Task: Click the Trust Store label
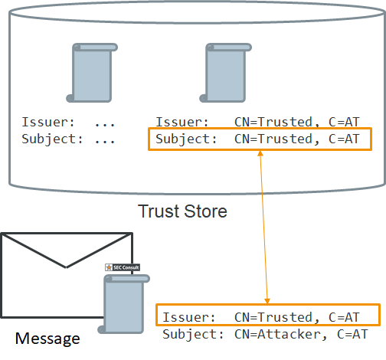(x=182, y=211)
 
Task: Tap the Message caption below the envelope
(x=47, y=339)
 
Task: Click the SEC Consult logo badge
(x=123, y=267)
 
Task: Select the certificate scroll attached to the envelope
(x=124, y=304)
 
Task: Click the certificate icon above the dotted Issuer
(x=92, y=73)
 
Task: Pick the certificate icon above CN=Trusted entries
(x=225, y=73)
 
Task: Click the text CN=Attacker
(x=277, y=335)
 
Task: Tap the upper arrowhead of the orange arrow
(x=260, y=153)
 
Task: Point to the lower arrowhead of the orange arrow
(x=267, y=301)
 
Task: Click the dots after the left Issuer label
(x=105, y=125)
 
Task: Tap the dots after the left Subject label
(x=105, y=141)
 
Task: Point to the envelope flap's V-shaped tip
(x=66, y=267)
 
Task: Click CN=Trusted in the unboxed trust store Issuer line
(x=273, y=122)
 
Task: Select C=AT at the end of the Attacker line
(x=352, y=335)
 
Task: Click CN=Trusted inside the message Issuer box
(x=273, y=317)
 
